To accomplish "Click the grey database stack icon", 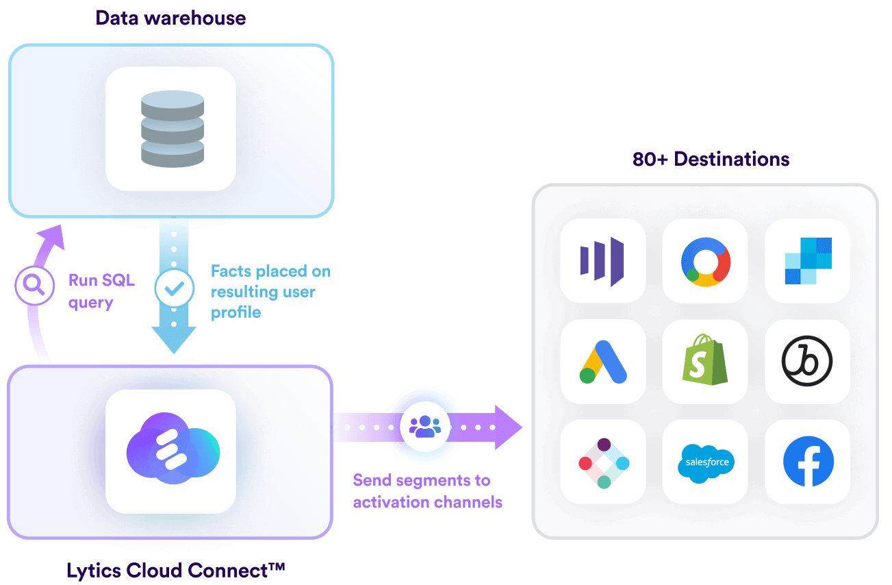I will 172,128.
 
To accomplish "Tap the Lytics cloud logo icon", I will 172,450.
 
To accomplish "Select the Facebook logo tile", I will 808,461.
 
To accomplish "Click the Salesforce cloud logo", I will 705,462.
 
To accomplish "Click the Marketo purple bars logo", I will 602,261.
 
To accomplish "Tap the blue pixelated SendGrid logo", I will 808,261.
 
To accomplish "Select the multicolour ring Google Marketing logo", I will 705,261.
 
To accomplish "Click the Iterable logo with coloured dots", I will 603,462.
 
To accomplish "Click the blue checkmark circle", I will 174,288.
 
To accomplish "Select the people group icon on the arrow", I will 425,426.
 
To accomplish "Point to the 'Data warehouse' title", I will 170,18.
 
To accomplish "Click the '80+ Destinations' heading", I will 711,160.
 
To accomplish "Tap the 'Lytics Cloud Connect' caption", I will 175,570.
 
